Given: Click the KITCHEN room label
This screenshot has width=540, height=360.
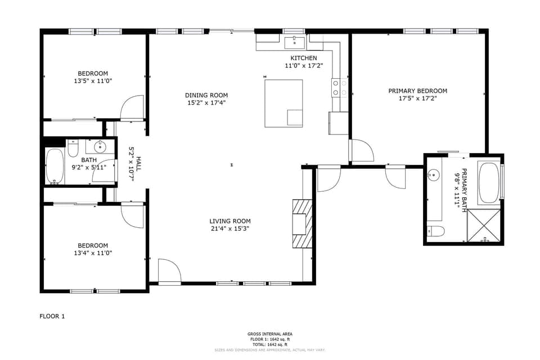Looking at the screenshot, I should pyautogui.click(x=303, y=58).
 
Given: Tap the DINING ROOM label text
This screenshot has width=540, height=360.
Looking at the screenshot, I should pyautogui.click(x=206, y=95).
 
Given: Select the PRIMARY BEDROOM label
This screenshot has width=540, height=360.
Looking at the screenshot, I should pyautogui.click(x=417, y=91).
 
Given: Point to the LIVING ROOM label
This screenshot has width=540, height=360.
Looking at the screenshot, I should pyautogui.click(x=229, y=221).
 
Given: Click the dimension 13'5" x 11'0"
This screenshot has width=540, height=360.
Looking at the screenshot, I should pyautogui.click(x=93, y=81).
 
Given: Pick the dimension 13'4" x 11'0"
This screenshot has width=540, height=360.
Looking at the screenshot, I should pyautogui.click(x=93, y=253).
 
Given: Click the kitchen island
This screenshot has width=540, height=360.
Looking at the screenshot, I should pyautogui.click(x=283, y=103).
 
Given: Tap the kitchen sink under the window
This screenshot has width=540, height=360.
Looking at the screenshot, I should pyautogui.click(x=294, y=42).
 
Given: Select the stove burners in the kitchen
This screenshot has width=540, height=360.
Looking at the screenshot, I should pyautogui.click(x=339, y=88).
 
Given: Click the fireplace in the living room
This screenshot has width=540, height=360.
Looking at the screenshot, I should pyautogui.click(x=301, y=223).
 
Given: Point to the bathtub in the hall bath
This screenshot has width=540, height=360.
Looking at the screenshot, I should pyautogui.click(x=55, y=166).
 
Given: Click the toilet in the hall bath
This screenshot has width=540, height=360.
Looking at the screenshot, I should pyautogui.click(x=73, y=150).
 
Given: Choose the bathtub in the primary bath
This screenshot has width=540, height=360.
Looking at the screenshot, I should pyautogui.click(x=488, y=183).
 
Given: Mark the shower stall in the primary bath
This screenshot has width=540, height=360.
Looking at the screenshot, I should pyautogui.click(x=484, y=226).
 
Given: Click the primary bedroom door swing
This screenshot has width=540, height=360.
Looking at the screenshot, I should pyautogui.click(x=361, y=151).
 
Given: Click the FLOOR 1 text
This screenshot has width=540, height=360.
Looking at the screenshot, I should pyautogui.click(x=52, y=316).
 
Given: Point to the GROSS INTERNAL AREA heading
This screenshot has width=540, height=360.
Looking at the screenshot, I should pyautogui.click(x=269, y=334).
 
